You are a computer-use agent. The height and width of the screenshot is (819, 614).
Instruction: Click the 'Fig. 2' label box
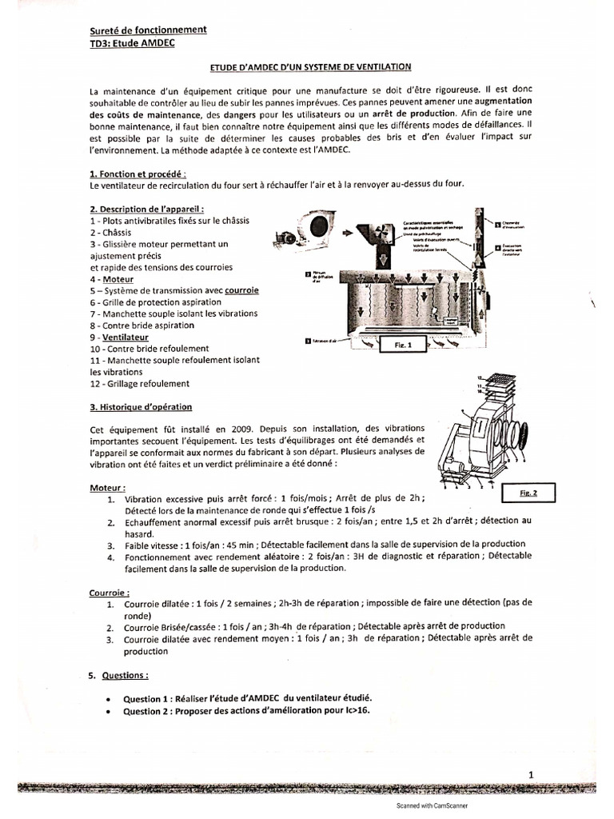click(528, 493)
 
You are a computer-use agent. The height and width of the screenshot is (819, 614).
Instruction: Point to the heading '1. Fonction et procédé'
click(138, 174)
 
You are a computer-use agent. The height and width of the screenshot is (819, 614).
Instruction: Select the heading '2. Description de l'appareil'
click(142, 208)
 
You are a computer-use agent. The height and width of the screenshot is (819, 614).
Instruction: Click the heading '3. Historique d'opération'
click(141, 407)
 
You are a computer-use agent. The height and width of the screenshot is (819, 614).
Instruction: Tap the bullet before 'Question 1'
click(106, 698)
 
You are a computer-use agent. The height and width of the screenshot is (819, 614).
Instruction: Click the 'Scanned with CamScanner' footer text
click(433, 806)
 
